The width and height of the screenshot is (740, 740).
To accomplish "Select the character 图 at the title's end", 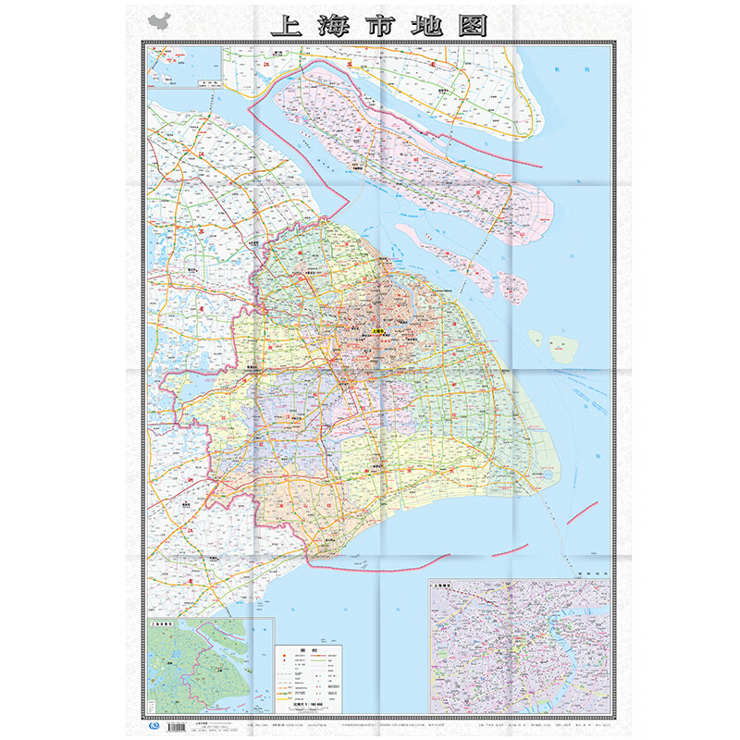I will click(472, 25).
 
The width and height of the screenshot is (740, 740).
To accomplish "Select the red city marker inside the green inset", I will click(211, 672).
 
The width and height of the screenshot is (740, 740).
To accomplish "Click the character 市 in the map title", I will click(379, 25).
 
